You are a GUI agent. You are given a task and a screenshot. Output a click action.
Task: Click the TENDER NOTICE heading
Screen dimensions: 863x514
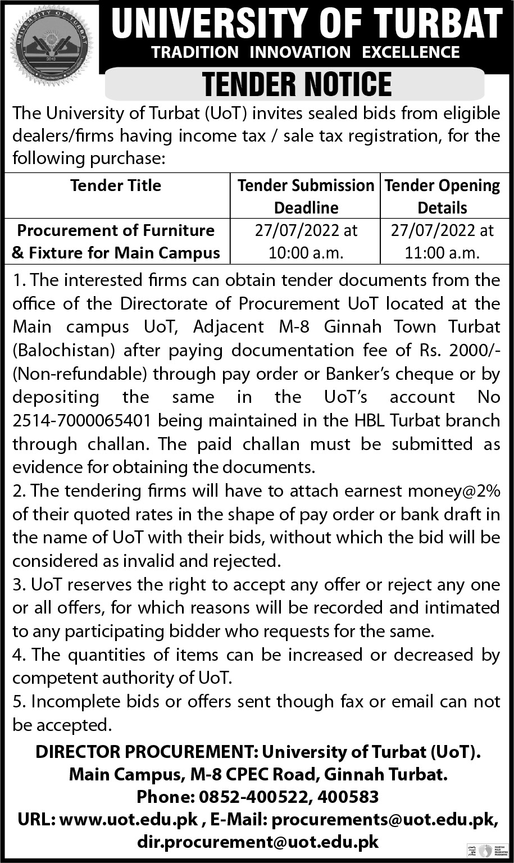click(297, 84)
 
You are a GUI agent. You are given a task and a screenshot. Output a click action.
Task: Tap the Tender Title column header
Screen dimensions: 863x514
click(116, 186)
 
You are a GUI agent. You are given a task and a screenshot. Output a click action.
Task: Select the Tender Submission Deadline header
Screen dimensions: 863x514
click(306, 197)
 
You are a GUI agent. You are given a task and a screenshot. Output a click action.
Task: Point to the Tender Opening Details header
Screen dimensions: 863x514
click(443, 197)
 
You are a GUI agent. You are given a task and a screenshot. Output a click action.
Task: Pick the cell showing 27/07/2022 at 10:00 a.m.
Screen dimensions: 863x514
click(306, 242)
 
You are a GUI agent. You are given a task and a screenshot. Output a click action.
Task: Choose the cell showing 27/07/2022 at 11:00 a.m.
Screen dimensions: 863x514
click(443, 242)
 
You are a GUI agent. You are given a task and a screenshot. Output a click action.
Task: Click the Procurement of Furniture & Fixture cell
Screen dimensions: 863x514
click(116, 242)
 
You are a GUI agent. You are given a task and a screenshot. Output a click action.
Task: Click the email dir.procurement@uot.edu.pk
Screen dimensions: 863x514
click(258, 842)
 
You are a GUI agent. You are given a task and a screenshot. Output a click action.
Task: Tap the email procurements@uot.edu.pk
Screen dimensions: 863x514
click(385, 820)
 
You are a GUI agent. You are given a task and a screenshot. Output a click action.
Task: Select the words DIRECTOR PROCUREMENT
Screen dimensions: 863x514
click(145, 752)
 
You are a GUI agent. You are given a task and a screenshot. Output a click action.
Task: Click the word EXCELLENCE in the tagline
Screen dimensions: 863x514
click(411, 53)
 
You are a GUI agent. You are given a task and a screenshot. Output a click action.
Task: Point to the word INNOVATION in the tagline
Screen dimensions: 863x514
click(300, 53)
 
